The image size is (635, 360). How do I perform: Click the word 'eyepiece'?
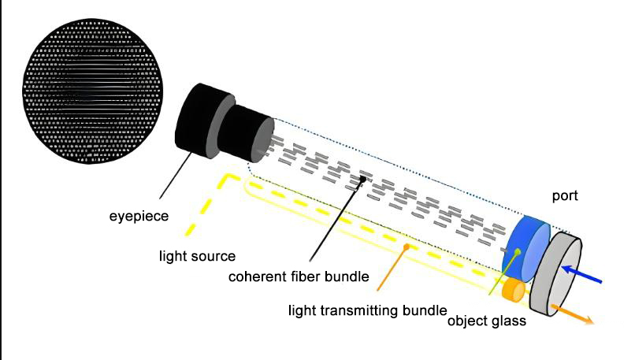(x=139, y=217)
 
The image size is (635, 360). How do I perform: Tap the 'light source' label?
(x=197, y=256)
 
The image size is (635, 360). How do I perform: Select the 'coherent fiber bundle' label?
(x=299, y=276)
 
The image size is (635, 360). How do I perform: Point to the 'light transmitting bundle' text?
(x=368, y=310)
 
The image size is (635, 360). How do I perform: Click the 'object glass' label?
(x=487, y=321)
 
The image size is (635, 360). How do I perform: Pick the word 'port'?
(x=565, y=196)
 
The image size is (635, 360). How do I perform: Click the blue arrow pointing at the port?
(x=581, y=274)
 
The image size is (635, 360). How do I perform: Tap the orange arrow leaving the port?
(x=572, y=314)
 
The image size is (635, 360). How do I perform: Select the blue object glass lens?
(x=525, y=249)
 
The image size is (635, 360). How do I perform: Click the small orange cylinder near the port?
(x=513, y=290)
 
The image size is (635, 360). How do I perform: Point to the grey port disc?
(x=555, y=274)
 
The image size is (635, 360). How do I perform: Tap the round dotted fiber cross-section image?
(x=92, y=91)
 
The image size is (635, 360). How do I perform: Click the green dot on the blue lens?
(x=517, y=252)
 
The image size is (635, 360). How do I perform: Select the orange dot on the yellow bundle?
(x=407, y=247)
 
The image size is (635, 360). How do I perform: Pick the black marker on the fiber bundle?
(x=363, y=179)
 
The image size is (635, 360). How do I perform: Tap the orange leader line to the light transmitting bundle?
(x=392, y=269)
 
